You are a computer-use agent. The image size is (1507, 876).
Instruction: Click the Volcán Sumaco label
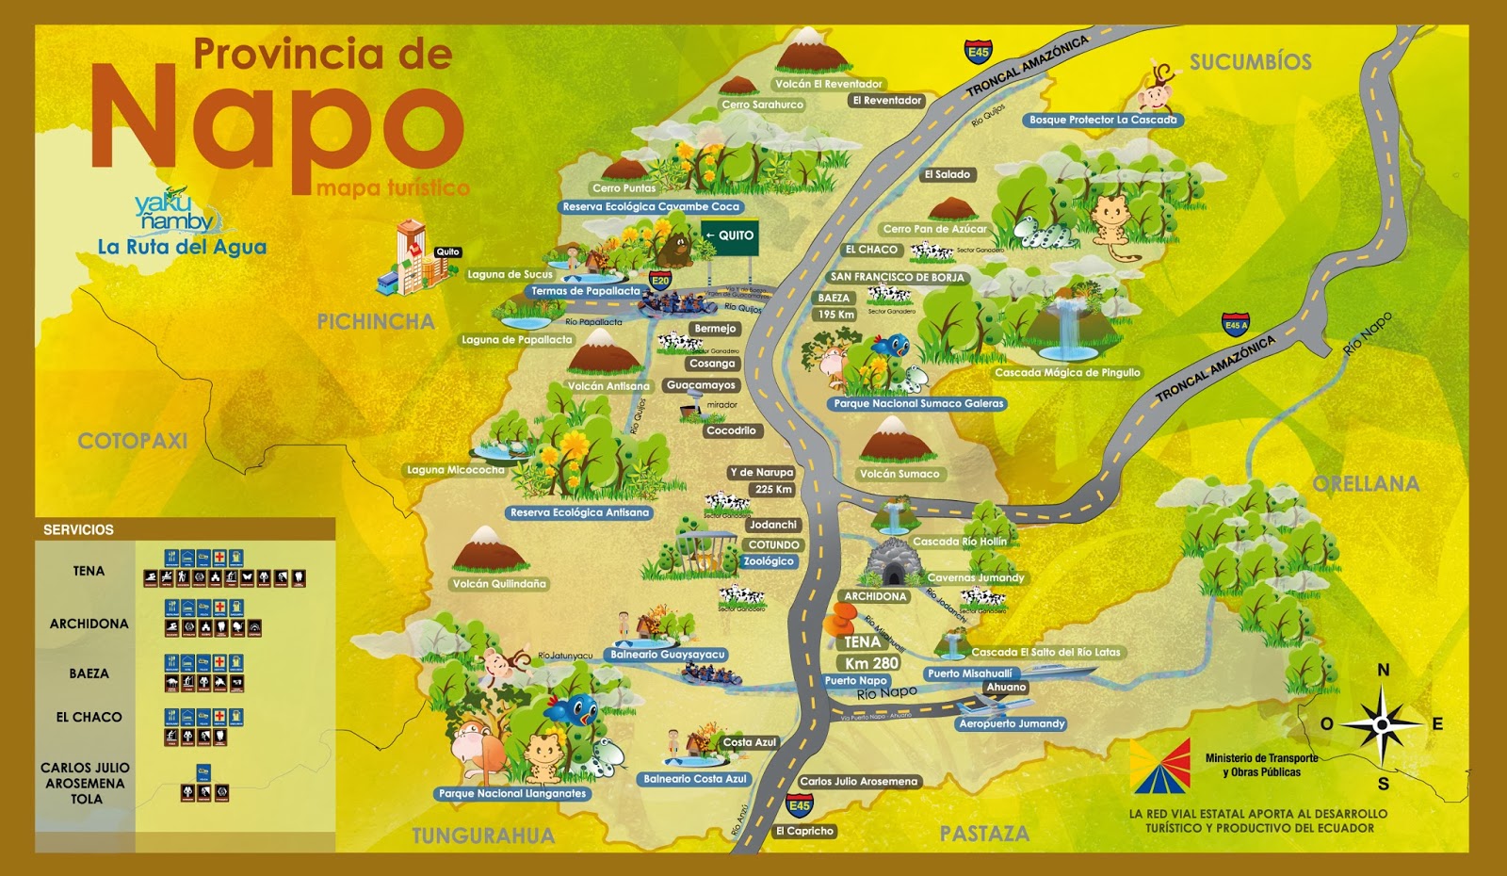click(899, 474)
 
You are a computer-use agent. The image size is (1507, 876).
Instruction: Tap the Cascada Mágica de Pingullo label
click(1067, 373)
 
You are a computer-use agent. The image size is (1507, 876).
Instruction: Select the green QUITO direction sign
click(730, 235)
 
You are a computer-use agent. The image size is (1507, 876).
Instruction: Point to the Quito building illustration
click(407, 256)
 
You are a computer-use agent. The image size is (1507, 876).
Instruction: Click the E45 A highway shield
click(1236, 325)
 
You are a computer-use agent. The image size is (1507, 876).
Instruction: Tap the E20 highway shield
click(660, 280)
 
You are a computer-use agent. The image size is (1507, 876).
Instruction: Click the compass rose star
click(1381, 724)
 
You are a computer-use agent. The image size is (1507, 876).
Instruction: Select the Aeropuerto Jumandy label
click(1012, 724)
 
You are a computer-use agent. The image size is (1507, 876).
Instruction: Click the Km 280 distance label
click(871, 663)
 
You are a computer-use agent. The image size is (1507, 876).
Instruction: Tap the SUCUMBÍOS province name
click(1250, 62)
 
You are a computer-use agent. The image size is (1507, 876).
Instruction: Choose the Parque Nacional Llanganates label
click(512, 794)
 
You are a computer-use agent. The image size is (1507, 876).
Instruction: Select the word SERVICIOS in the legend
click(78, 530)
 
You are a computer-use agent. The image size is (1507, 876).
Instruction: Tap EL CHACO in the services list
click(89, 718)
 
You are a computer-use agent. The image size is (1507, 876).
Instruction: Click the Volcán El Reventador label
click(829, 84)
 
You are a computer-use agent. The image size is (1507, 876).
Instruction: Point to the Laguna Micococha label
click(455, 470)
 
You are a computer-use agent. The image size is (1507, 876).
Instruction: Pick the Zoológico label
click(769, 561)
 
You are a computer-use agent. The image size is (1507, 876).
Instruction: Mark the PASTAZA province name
click(984, 834)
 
